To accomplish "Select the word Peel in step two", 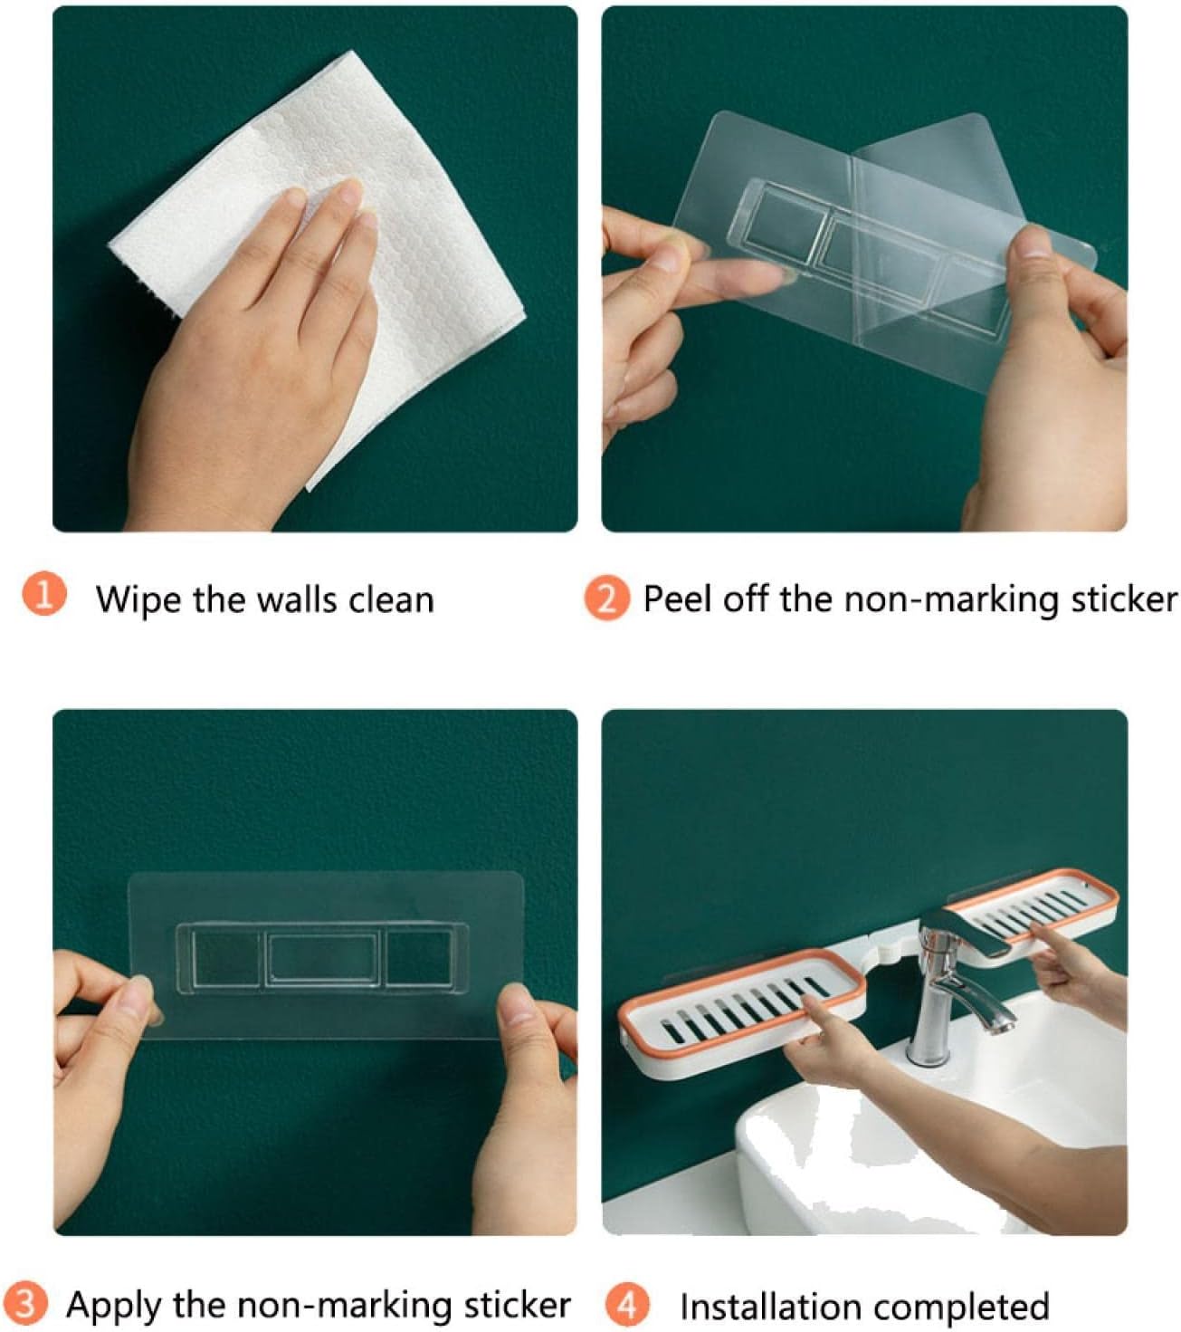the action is point(676,599).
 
